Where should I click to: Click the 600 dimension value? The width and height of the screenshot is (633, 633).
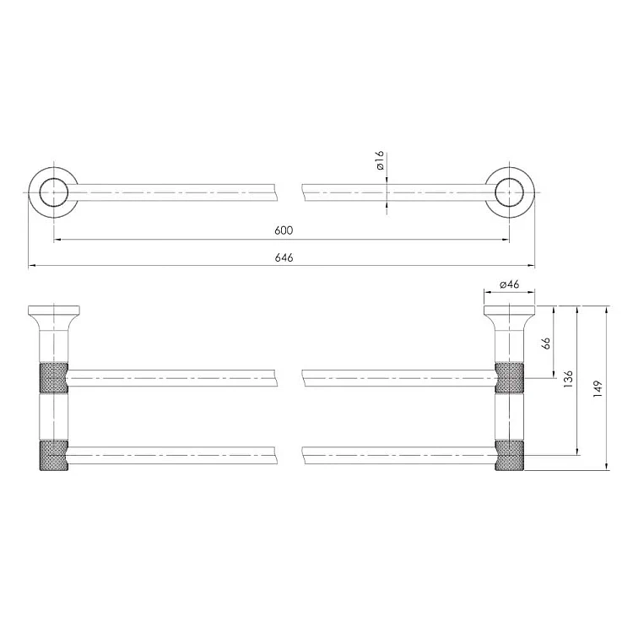(284, 230)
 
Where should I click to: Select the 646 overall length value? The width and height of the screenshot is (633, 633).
(284, 257)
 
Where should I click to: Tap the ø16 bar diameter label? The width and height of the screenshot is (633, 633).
(381, 160)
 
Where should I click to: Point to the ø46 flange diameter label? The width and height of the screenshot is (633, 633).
(510, 284)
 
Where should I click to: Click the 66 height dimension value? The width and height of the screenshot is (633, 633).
(545, 344)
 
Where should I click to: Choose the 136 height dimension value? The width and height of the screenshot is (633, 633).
(568, 379)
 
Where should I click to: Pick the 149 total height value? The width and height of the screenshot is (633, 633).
(598, 389)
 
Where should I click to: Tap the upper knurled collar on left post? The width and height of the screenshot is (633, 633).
(54, 378)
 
